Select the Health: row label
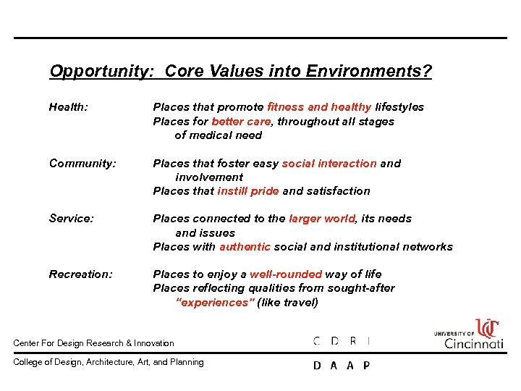[69, 107]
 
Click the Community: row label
[82, 164]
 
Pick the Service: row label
[71, 219]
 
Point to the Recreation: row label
[81, 274]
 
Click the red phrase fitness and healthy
[319, 107]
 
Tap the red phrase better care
[241, 122]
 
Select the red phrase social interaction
[329, 164]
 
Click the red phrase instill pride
[248, 191]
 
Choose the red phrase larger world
[322, 219]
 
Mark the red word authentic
[245, 247]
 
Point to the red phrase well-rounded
[286, 274]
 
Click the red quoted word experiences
[216, 303]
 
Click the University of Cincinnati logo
[469, 335]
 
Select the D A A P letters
[342, 366]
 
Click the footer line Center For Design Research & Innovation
[94, 343]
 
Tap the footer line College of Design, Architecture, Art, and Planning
[109, 363]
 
